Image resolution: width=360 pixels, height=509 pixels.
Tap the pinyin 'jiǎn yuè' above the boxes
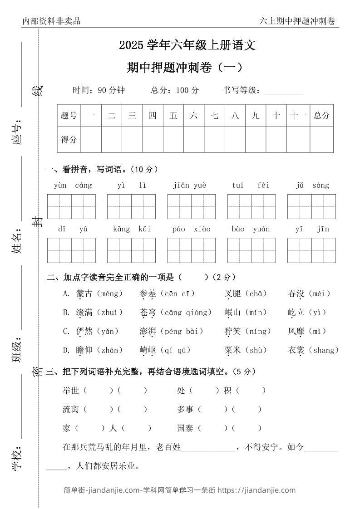coord(189,185)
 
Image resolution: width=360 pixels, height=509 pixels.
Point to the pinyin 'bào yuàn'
coord(251,229)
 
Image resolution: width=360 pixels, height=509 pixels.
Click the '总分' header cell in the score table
coord(321,116)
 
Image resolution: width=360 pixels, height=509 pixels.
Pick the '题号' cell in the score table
coord(69,116)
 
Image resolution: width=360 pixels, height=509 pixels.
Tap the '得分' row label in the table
coord(69,140)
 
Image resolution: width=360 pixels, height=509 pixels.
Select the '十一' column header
coord(298,116)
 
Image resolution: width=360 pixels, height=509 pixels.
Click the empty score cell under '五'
coord(173,140)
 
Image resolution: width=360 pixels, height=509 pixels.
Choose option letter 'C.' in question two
coord(66,332)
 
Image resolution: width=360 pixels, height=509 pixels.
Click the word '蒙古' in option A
coord(84,294)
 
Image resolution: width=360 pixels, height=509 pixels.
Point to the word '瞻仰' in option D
coord(84,350)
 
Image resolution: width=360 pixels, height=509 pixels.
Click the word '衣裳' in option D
coord(296,350)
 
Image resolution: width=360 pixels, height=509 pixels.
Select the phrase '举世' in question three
coord(70,390)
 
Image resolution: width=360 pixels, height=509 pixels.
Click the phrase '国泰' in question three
coord(185,428)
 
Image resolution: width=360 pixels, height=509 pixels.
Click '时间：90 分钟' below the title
coord(99,90)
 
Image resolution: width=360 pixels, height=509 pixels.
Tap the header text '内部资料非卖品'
coord(51,21)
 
